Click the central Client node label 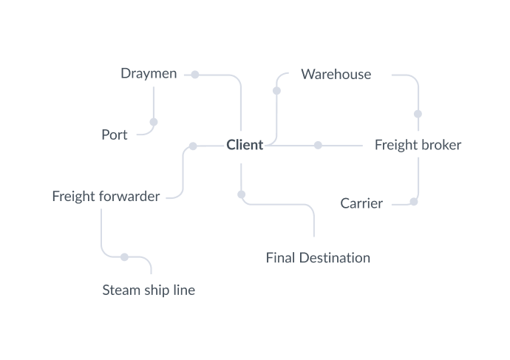(x=245, y=145)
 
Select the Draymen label (x=149, y=74)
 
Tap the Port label (x=115, y=135)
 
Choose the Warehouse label (x=336, y=74)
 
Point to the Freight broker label (x=418, y=145)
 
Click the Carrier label (x=361, y=203)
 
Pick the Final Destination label (x=318, y=258)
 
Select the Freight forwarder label (x=106, y=197)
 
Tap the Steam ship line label (x=149, y=290)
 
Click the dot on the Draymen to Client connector (x=195, y=75)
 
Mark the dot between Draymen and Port (x=154, y=122)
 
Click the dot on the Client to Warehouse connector (x=276, y=91)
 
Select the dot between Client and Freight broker (x=318, y=146)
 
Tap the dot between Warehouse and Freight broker (x=418, y=114)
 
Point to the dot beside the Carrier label (x=414, y=201)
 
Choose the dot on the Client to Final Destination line (x=241, y=194)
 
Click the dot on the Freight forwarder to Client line (x=193, y=146)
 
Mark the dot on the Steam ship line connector (x=124, y=257)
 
